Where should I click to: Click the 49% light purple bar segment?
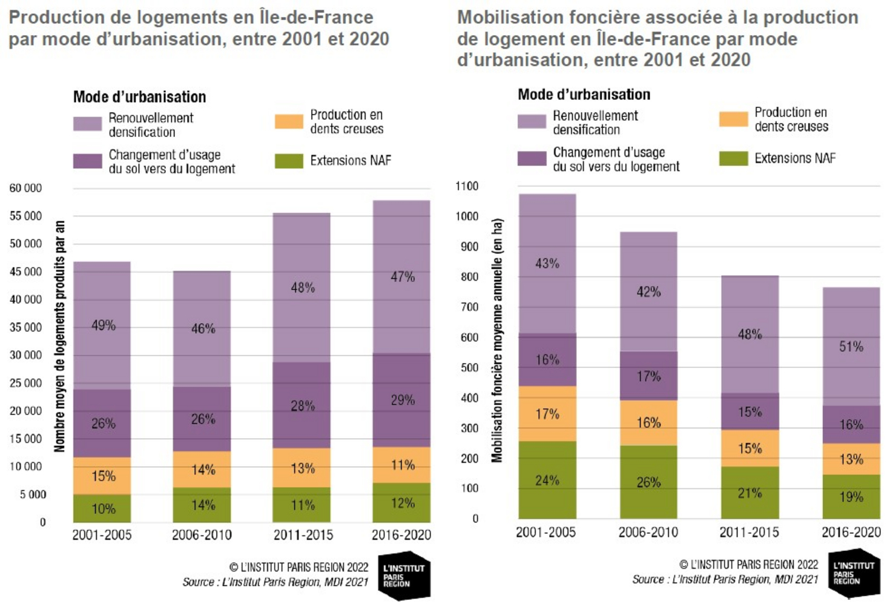click(x=102, y=325)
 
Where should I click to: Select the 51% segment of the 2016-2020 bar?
click(x=851, y=347)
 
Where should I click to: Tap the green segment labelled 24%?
click(x=547, y=480)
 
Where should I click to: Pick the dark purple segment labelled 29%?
click(x=401, y=400)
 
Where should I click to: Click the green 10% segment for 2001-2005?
click(x=102, y=508)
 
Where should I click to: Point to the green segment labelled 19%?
click(x=851, y=497)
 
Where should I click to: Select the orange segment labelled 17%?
click(x=547, y=414)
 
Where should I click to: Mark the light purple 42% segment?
click(x=648, y=291)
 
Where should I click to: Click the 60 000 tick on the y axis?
click(x=25, y=188)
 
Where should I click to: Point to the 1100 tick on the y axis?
click(x=467, y=186)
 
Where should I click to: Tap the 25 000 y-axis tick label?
click(x=25, y=383)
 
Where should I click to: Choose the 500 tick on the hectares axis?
click(x=469, y=368)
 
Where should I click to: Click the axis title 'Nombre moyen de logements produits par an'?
click(x=59, y=336)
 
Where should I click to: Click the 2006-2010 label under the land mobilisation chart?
click(x=648, y=532)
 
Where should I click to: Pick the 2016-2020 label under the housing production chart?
click(x=401, y=534)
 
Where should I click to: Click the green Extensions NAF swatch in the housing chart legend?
click(x=289, y=161)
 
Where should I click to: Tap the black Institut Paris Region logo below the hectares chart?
click(x=854, y=573)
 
